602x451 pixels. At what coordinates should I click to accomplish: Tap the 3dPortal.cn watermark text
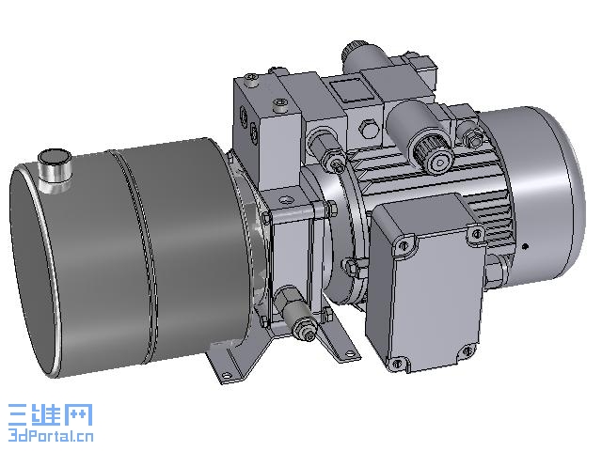click(x=51, y=436)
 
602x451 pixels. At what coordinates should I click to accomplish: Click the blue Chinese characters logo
click(x=50, y=414)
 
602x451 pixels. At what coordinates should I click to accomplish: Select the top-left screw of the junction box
click(x=403, y=245)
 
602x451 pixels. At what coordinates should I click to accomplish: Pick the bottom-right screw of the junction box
click(x=467, y=350)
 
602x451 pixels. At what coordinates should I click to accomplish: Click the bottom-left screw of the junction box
click(x=397, y=363)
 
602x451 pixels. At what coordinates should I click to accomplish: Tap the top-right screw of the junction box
click(x=476, y=233)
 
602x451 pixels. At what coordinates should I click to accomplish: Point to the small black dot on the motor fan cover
click(x=527, y=246)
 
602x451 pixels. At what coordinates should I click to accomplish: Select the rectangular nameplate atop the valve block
click(x=351, y=90)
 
